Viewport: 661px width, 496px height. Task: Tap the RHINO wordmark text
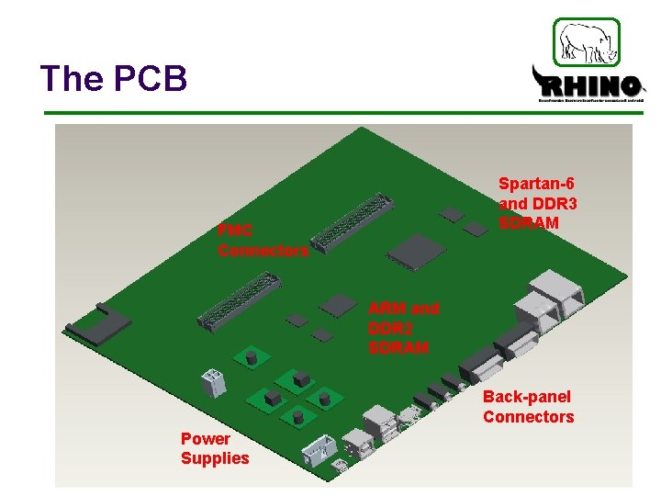588,86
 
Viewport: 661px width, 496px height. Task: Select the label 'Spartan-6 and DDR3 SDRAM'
537,204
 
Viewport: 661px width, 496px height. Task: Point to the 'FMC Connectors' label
263,240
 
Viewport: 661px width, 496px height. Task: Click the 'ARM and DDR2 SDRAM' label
403,328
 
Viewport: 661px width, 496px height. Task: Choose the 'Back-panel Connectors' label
528,407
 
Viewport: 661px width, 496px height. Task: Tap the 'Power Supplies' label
215,448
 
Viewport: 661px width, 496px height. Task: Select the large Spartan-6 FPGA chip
417,250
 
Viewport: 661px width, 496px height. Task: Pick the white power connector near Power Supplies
215,382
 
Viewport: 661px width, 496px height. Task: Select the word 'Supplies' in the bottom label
215,458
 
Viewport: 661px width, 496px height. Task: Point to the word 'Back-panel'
527,397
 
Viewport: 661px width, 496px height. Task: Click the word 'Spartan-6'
537,184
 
